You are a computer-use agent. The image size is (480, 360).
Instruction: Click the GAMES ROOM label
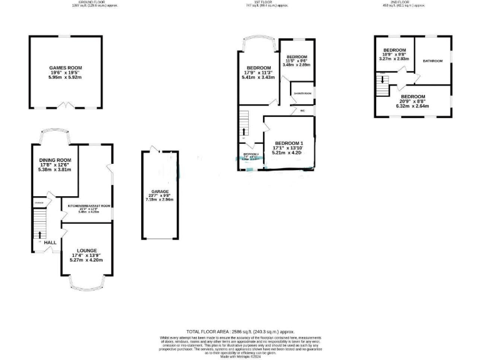[x=66, y=67]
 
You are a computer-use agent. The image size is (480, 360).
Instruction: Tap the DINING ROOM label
[x=54, y=161]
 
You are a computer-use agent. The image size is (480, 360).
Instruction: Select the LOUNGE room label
[x=87, y=250]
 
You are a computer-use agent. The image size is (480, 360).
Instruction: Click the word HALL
[x=50, y=242]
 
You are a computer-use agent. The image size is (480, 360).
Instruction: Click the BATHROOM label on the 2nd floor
[x=432, y=61]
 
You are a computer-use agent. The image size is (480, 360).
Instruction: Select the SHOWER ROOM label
[x=302, y=93]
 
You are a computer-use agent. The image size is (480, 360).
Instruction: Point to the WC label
[x=302, y=111]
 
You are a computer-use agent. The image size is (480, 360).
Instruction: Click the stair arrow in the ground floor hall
[x=40, y=235]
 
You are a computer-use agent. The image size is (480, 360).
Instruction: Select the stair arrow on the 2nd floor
[x=383, y=79]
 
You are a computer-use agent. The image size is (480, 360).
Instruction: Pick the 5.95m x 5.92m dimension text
[x=66, y=77]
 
